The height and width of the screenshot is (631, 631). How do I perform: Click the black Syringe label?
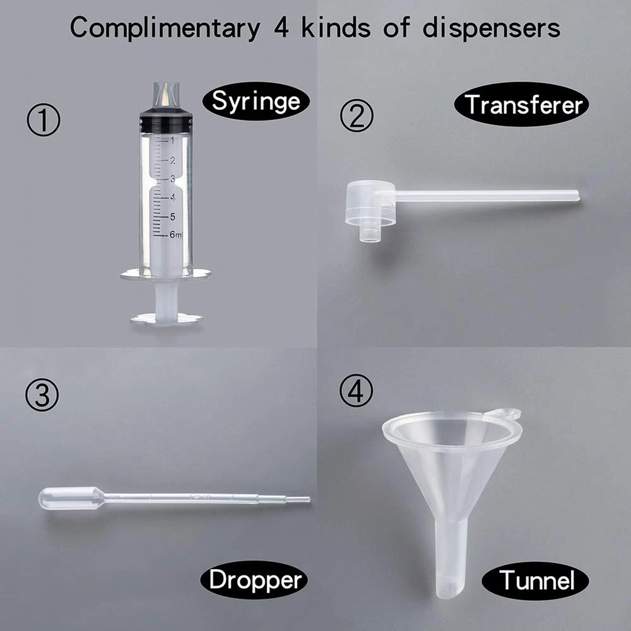tap(256, 101)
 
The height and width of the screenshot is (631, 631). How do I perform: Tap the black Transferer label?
tap(522, 104)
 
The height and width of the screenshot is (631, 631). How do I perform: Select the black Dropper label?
tap(254, 580)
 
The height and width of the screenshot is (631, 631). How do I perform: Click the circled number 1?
tap(44, 119)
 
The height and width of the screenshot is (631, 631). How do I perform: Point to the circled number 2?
tap(357, 115)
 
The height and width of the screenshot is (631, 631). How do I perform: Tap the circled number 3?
tap(42, 395)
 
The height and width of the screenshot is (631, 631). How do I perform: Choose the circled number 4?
tap(356, 391)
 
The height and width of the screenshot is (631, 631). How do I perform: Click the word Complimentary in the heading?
tap(165, 28)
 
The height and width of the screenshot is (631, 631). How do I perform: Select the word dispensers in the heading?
tap(492, 28)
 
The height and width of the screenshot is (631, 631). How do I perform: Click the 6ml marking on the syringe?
tap(176, 234)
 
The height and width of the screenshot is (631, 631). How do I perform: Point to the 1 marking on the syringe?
tap(173, 141)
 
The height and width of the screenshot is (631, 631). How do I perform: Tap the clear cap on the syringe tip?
tap(166, 96)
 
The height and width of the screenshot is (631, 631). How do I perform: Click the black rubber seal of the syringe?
tap(166, 121)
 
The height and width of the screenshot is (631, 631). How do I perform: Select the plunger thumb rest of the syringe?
tap(166, 318)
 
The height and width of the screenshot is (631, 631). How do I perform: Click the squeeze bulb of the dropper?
tap(71, 498)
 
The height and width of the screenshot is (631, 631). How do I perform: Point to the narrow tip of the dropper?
tap(298, 500)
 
